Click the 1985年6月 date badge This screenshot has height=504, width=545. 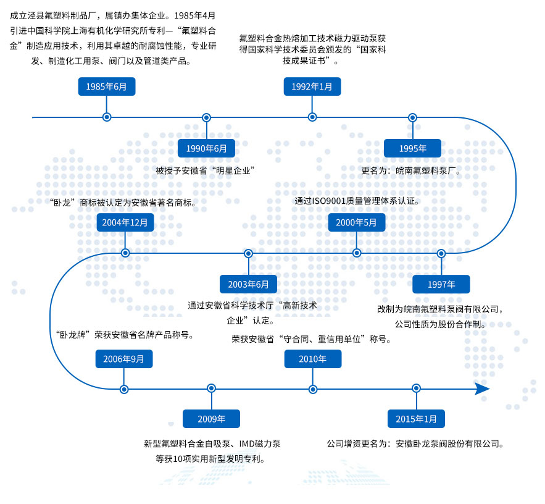point(107,86)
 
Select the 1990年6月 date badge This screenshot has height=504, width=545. point(206,148)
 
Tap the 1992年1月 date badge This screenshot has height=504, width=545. point(312,86)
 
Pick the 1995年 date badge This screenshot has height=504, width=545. point(412,148)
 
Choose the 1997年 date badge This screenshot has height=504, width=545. point(441,284)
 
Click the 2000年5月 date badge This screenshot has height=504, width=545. point(356,222)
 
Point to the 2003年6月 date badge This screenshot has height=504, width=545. point(248,284)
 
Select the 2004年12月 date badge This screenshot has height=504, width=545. point(125,222)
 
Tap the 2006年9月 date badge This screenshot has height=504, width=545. point(124,358)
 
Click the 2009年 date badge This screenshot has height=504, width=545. point(211,419)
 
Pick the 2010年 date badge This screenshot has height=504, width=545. point(312,358)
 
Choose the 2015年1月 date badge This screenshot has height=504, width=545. point(415,419)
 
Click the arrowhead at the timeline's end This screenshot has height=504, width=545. point(483,388)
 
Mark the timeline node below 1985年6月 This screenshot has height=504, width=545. point(107,117)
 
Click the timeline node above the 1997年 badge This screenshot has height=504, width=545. point(441,253)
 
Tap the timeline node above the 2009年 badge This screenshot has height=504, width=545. point(211,388)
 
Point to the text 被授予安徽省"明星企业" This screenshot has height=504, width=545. point(206,170)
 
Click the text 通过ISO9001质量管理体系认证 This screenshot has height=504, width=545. point(357,201)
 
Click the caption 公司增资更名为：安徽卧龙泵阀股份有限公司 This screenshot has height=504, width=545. point(415,443)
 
